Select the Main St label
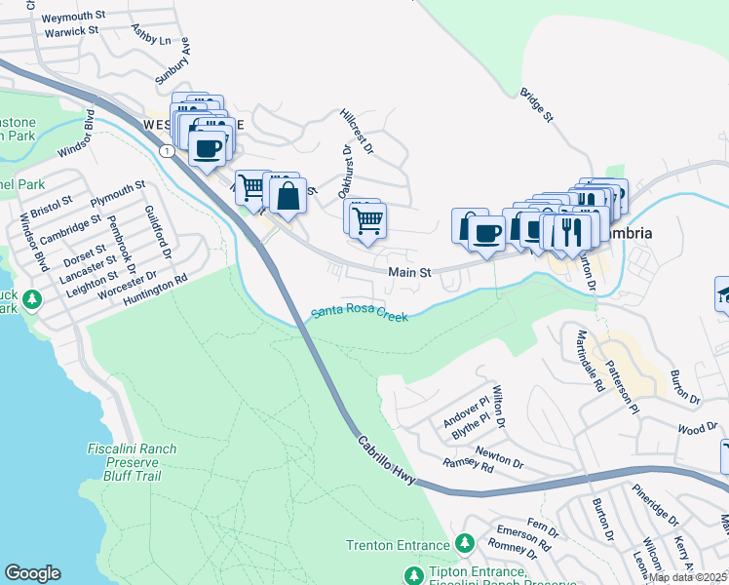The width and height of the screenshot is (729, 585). pyautogui.click(x=409, y=274)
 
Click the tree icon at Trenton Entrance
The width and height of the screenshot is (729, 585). pyautogui.click(x=466, y=542)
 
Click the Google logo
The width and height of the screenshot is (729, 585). pyautogui.click(x=32, y=573)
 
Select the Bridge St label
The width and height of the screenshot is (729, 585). pyautogui.click(x=536, y=106)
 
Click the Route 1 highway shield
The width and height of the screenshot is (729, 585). pyautogui.click(x=169, y=151)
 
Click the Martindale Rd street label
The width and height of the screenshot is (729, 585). pyautogui.click(x=589, y=360)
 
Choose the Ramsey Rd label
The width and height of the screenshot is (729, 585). pyautogui.click(x=468, y=465)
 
